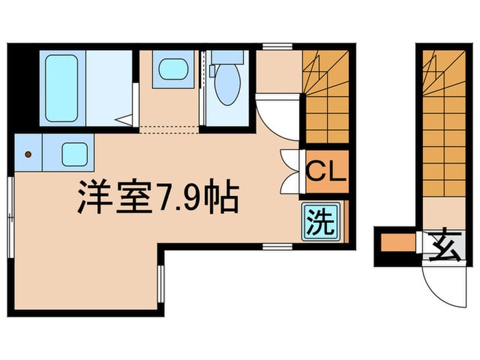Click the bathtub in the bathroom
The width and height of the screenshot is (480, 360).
point(61,88)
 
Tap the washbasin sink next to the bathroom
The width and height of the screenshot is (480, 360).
point(168,69)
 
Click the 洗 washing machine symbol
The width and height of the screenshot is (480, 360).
point(318,222)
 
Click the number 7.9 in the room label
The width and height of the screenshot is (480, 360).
point(183,199)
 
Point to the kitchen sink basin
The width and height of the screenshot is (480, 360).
point(75,154)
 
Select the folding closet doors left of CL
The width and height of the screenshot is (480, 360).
point(290,171)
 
